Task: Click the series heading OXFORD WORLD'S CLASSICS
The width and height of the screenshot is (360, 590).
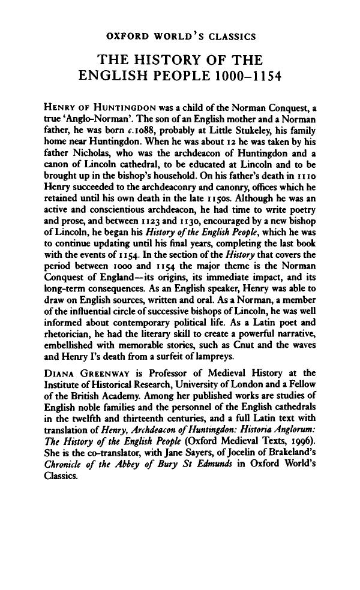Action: pos(181,37)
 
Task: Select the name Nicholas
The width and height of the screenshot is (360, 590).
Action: pos(89,150)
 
